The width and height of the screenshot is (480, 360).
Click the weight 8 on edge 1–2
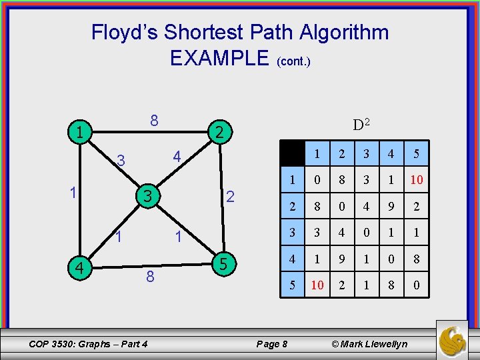(154, 121)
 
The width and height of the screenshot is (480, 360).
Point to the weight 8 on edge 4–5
(150, 275)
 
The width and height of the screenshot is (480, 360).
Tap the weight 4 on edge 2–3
(177, 157)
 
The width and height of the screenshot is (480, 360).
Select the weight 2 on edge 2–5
(230, 197)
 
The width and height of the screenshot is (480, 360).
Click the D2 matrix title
(361, 125)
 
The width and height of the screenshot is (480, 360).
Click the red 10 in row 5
(317, 285)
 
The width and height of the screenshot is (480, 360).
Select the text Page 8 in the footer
(272, 344)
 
